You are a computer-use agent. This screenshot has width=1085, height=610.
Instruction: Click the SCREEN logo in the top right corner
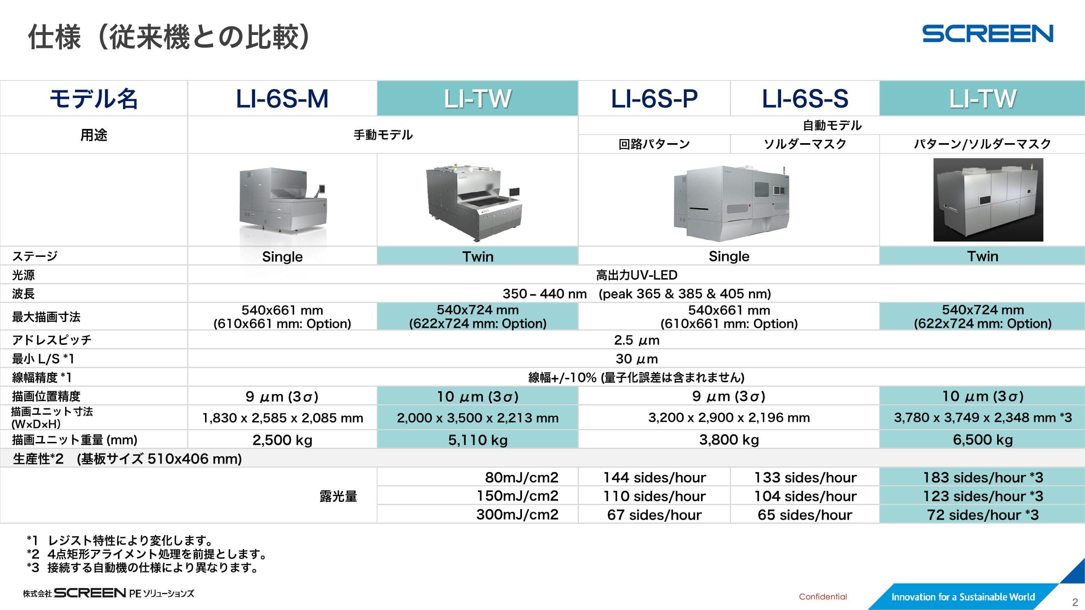(x=987, y=34)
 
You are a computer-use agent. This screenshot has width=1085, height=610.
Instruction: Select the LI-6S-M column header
(x=282, y=99)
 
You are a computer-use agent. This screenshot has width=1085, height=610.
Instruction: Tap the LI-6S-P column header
(x=654, y=99)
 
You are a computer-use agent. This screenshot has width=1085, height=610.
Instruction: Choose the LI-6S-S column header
(x=805, y=99)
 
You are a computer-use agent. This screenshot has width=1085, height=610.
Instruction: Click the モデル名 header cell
(x=94, y=99)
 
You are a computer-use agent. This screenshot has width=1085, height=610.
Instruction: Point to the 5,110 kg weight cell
(x=478, y=440)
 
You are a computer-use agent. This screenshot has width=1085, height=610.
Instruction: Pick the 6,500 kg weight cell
(x=982, y=440)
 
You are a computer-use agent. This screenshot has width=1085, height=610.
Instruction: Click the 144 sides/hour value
(x=654, y=477)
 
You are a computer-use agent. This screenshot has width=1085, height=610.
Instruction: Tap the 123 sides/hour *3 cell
(x=982, y=496)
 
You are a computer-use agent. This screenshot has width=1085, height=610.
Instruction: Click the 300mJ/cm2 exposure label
(x=517, y=514)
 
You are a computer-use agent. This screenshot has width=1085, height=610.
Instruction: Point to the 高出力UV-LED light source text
(x=636, y=275)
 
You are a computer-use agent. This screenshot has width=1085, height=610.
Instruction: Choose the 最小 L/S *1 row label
(x=43, y=359)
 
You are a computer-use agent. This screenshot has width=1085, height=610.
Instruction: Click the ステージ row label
(x=35, y=256)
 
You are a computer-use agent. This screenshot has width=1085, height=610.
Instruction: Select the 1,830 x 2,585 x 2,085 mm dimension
(x=282, y=418)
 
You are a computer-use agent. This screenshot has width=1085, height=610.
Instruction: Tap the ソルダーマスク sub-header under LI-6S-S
(x=805, y=144)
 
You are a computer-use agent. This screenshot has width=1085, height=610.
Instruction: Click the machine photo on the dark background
(x=988, y=200)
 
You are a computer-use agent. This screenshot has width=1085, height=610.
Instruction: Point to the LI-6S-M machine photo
(x=283, y=200)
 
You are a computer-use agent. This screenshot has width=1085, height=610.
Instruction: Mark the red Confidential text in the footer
(x=823, y=597)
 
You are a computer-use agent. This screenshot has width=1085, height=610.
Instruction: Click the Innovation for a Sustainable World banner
(x=963, y=597)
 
